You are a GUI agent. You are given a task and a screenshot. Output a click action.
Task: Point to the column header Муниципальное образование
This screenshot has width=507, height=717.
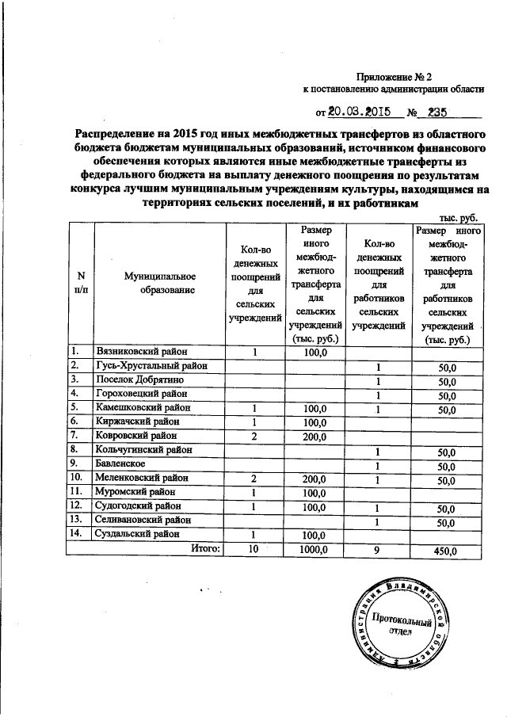click(x=159, y=283)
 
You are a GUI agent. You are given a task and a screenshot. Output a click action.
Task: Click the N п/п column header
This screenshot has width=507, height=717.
click(x=81, y=283)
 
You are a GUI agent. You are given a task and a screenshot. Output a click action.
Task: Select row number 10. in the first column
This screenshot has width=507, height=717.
click(x=76, y=479)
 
